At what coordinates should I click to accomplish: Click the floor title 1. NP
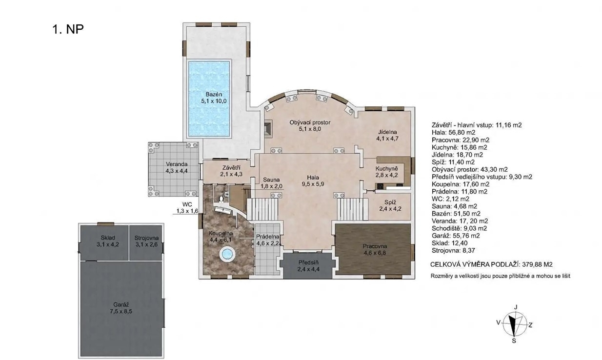pyautogui.click(x=68, y=29)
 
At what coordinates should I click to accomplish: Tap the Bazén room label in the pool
pyautogui.click(x=214, y=94)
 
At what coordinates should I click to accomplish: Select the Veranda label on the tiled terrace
pyautogui.click(x=177, y=164)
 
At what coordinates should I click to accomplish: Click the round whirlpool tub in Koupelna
pyautogui.click(x=227, y=255)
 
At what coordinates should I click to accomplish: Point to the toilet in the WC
pyautogui.click(x=221, y=199)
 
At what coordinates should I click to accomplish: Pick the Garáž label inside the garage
pyautogui.click(x=121, y=305)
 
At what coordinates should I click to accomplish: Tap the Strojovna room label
pyautogui.click(x=146, y=238)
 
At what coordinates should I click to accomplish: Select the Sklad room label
pyautogui.click(x=108, y=238)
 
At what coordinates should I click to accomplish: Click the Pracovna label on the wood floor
pyautogui.click(x=375, y=246)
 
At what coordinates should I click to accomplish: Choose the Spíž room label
pyautogui.click(x=390, y=202)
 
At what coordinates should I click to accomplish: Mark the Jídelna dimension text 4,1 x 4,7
pyautogui.click(x=387, y=139)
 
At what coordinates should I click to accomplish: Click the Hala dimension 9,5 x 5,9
pyautogui.click(x=313, y=184)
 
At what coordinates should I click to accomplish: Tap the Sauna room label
pyautogui.click(x=271, y=180)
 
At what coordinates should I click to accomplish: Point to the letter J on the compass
pyautogui.click(x=516, y=307)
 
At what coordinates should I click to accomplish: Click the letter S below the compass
pyautogui.click(x=514, y=341)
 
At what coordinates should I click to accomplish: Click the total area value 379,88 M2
pyautogui.click(x=537, y=264)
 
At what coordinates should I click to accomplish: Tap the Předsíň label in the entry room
pyautogui.click(x=308, y=262)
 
